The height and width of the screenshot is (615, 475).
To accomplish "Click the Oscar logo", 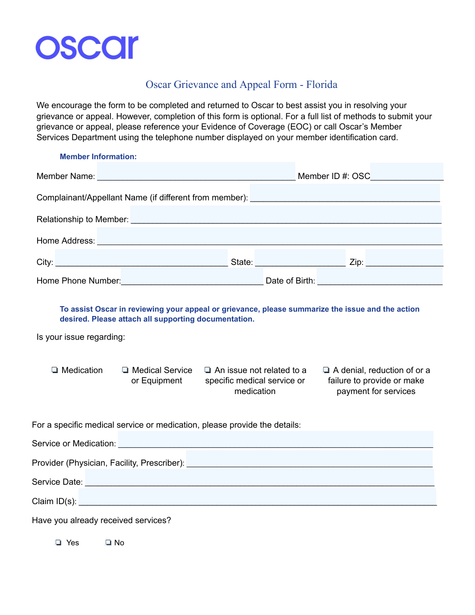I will (x=87, y=48).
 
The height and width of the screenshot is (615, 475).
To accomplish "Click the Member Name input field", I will (x=196, y=171).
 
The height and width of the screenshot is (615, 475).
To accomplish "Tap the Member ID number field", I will (x=407, y=171).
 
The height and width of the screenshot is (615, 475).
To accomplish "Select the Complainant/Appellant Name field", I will (x=345, y=193).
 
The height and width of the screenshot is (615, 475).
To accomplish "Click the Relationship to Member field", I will (x=286, y=215).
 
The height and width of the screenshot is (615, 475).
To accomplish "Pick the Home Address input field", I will (x=269, y=236).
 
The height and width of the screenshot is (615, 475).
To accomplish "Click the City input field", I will (x=141, y=258).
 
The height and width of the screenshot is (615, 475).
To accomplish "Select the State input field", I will (x=300, y=258).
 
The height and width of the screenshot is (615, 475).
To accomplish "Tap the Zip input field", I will (x=404, y=258).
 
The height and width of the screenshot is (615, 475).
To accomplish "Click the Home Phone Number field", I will (x=192, y=276).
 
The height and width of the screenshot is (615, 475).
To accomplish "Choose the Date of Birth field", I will (x=380, y=276).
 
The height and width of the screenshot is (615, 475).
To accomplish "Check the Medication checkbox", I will (x=55, y=370).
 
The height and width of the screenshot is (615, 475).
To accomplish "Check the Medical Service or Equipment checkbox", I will (x=125, y=370).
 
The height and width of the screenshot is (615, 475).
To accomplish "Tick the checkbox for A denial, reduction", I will (x=326, y=370).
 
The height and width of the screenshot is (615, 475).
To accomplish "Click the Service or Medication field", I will (x=275, y=439).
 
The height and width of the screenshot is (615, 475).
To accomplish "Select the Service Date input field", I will (x=260, y=478).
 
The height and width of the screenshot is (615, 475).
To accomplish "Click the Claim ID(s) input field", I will (x=257, y=497).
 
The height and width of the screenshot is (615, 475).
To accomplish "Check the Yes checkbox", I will (x=59, y=543).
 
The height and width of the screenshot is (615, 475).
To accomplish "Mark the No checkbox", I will (x=108, y=543).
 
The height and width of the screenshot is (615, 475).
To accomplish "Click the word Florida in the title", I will (x=321, y=85).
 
